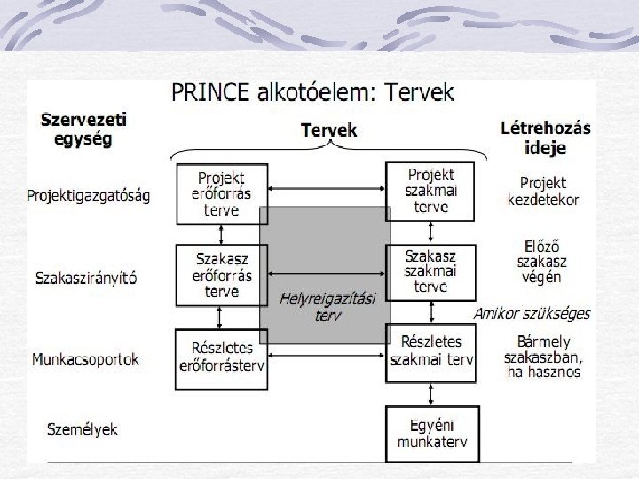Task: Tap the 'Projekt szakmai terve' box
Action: tap(430, 190)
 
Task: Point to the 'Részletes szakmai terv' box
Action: tap(431, 350)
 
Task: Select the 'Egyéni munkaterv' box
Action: tap(431, 433)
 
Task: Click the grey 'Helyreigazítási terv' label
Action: tap(327, 307)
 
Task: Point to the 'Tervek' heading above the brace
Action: tap(328, 130)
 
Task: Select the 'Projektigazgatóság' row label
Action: tap(89, 195)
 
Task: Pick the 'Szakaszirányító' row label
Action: tap(86, 278)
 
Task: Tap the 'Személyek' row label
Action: tap(82, 429)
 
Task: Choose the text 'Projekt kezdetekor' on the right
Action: tap(543, 191)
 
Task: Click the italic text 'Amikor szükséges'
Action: tap(532, 314)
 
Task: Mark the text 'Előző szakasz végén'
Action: tap(542, 262)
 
